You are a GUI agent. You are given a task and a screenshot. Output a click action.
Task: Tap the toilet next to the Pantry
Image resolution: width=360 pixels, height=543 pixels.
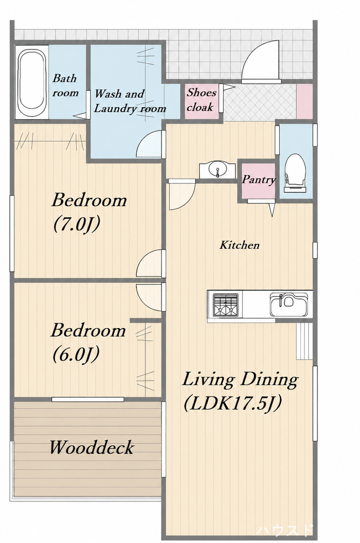coord(295,173)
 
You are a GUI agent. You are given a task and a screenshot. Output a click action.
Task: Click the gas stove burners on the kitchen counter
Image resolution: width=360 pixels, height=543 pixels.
coord(225,305)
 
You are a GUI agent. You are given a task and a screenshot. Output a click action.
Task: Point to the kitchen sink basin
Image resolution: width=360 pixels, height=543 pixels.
coord(289,304)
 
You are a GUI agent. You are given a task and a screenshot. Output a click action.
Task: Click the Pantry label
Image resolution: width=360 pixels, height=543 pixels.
coord(258,179)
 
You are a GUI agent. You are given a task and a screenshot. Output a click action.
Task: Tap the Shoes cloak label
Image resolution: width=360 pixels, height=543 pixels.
coord(201,100)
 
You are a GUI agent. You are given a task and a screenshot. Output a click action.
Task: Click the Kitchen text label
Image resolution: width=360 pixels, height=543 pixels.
coord(239,245)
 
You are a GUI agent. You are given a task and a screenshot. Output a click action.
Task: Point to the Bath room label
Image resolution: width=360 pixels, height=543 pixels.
coord(65,85)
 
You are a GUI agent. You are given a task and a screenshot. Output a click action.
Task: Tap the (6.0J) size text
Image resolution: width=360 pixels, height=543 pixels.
coord(76,354)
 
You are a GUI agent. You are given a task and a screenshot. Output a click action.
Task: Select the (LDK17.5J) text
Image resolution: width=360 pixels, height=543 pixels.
coord(233,403)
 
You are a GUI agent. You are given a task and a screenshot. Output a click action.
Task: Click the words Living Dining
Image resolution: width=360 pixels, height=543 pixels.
coord(240,380)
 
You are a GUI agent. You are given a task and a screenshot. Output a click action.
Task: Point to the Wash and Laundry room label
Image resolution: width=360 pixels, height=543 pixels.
coord(130,101)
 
